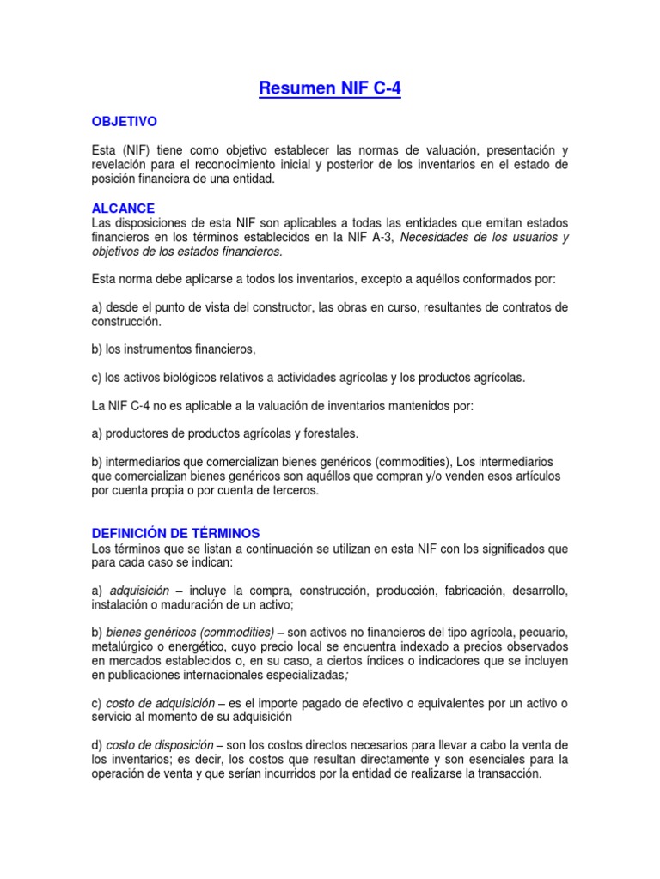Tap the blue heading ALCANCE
[123, 208]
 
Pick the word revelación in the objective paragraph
[120, 164]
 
